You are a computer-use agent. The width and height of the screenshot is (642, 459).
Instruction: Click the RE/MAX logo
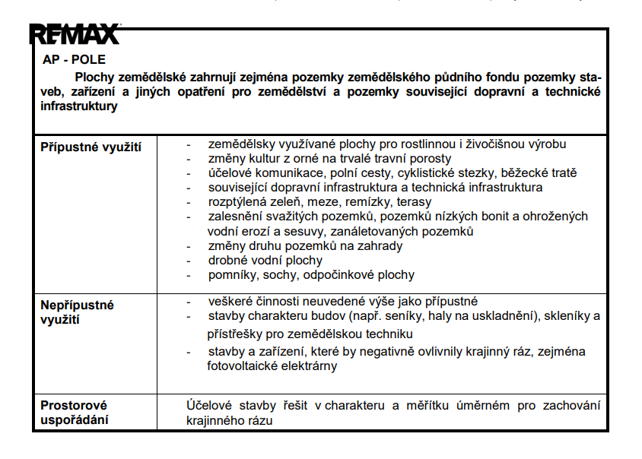point(75,34)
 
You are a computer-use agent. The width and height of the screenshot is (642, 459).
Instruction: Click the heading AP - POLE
point(75,59)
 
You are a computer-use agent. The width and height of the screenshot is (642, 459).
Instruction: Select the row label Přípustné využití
point(91,146)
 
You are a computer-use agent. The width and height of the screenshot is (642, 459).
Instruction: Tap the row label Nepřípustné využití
point(77,312)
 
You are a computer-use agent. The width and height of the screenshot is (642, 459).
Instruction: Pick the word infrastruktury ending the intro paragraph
point(79,106)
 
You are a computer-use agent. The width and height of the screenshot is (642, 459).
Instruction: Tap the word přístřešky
point(237,334)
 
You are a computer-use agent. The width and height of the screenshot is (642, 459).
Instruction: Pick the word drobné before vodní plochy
point(230,260)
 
